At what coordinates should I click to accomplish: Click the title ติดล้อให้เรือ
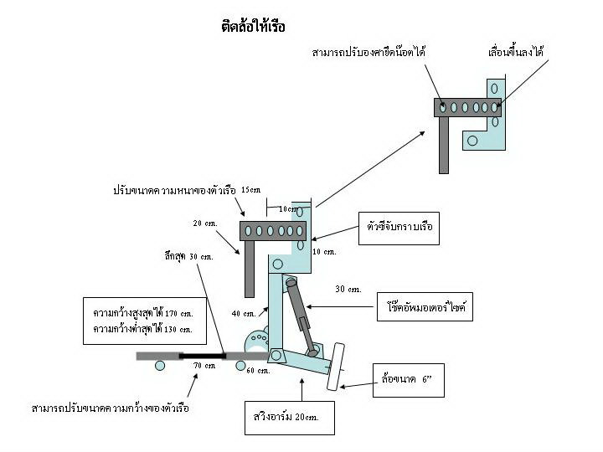tap(253, 27)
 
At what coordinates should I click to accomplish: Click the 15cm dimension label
tap(250, 190)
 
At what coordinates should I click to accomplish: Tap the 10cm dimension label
tap(288, 209)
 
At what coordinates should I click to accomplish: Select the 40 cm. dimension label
tap(244, 314)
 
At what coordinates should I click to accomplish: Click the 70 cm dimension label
tap(204, 366)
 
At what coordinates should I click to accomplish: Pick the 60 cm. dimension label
tap(258, 370)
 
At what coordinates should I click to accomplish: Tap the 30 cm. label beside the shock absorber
tap(348, 290)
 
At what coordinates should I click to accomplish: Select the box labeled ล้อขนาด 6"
tap(407, 381)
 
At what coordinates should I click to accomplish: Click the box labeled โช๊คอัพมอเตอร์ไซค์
tap(426, 307)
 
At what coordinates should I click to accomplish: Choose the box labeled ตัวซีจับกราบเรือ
tap(399, 227)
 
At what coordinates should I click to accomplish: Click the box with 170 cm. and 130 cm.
tap(143, 321)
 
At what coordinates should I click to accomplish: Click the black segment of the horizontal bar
tap(202, 356)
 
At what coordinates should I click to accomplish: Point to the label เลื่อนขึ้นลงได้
tap(516, 53)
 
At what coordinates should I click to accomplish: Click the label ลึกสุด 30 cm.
tap(188, 256)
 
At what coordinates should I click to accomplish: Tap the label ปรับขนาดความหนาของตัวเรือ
tap(174, 191)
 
